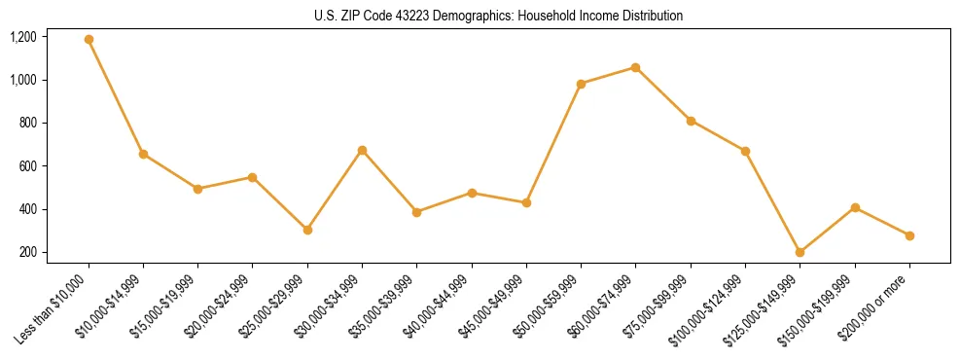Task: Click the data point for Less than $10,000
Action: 89,39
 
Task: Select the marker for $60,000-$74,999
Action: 635,67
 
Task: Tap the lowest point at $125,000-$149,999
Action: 800,252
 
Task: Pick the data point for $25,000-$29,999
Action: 307,230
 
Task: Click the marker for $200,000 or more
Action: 909,235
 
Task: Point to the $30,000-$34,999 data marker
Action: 362,150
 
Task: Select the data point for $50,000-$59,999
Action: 581,84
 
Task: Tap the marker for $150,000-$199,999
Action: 855,207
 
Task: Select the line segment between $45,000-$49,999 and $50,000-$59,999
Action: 553,143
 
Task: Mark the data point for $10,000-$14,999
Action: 143,154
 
